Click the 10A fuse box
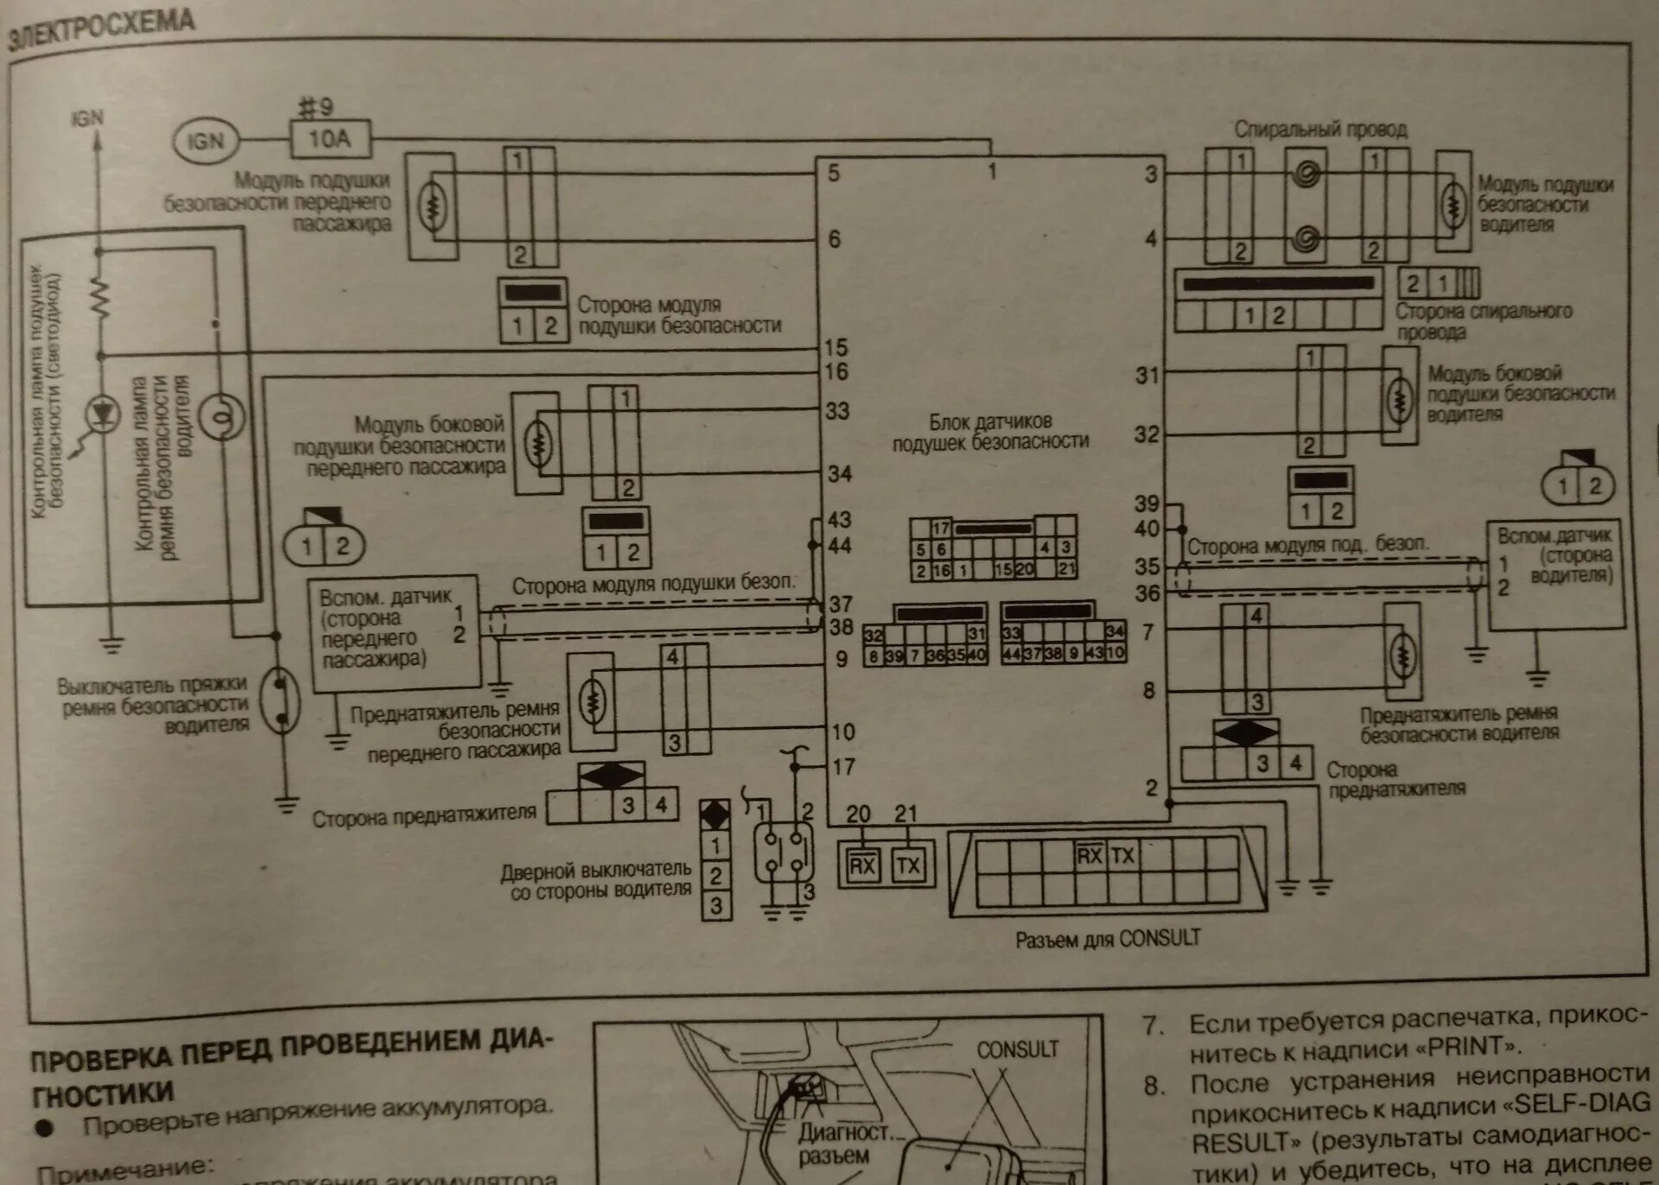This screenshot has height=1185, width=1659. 330,139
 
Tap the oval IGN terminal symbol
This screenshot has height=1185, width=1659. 206,141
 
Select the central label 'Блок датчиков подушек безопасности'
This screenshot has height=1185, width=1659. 990,432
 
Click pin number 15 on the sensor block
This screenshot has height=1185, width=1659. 836,347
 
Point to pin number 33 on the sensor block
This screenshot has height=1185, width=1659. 836,411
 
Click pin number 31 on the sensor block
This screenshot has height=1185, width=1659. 1147,376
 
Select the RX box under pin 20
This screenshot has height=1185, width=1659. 862,865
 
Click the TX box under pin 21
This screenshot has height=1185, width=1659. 908,865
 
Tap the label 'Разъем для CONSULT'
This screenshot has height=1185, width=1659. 1108,939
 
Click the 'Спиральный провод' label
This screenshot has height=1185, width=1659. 1320,130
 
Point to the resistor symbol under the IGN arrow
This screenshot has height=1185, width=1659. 100,298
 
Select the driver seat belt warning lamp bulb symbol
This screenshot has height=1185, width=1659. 221,416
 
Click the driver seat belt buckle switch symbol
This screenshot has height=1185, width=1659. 281,699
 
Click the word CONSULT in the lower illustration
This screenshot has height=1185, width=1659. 1017,1049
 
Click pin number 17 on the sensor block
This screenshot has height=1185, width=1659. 843,766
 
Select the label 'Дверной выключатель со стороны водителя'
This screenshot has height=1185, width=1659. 597,880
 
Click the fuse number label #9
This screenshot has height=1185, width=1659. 315,107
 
